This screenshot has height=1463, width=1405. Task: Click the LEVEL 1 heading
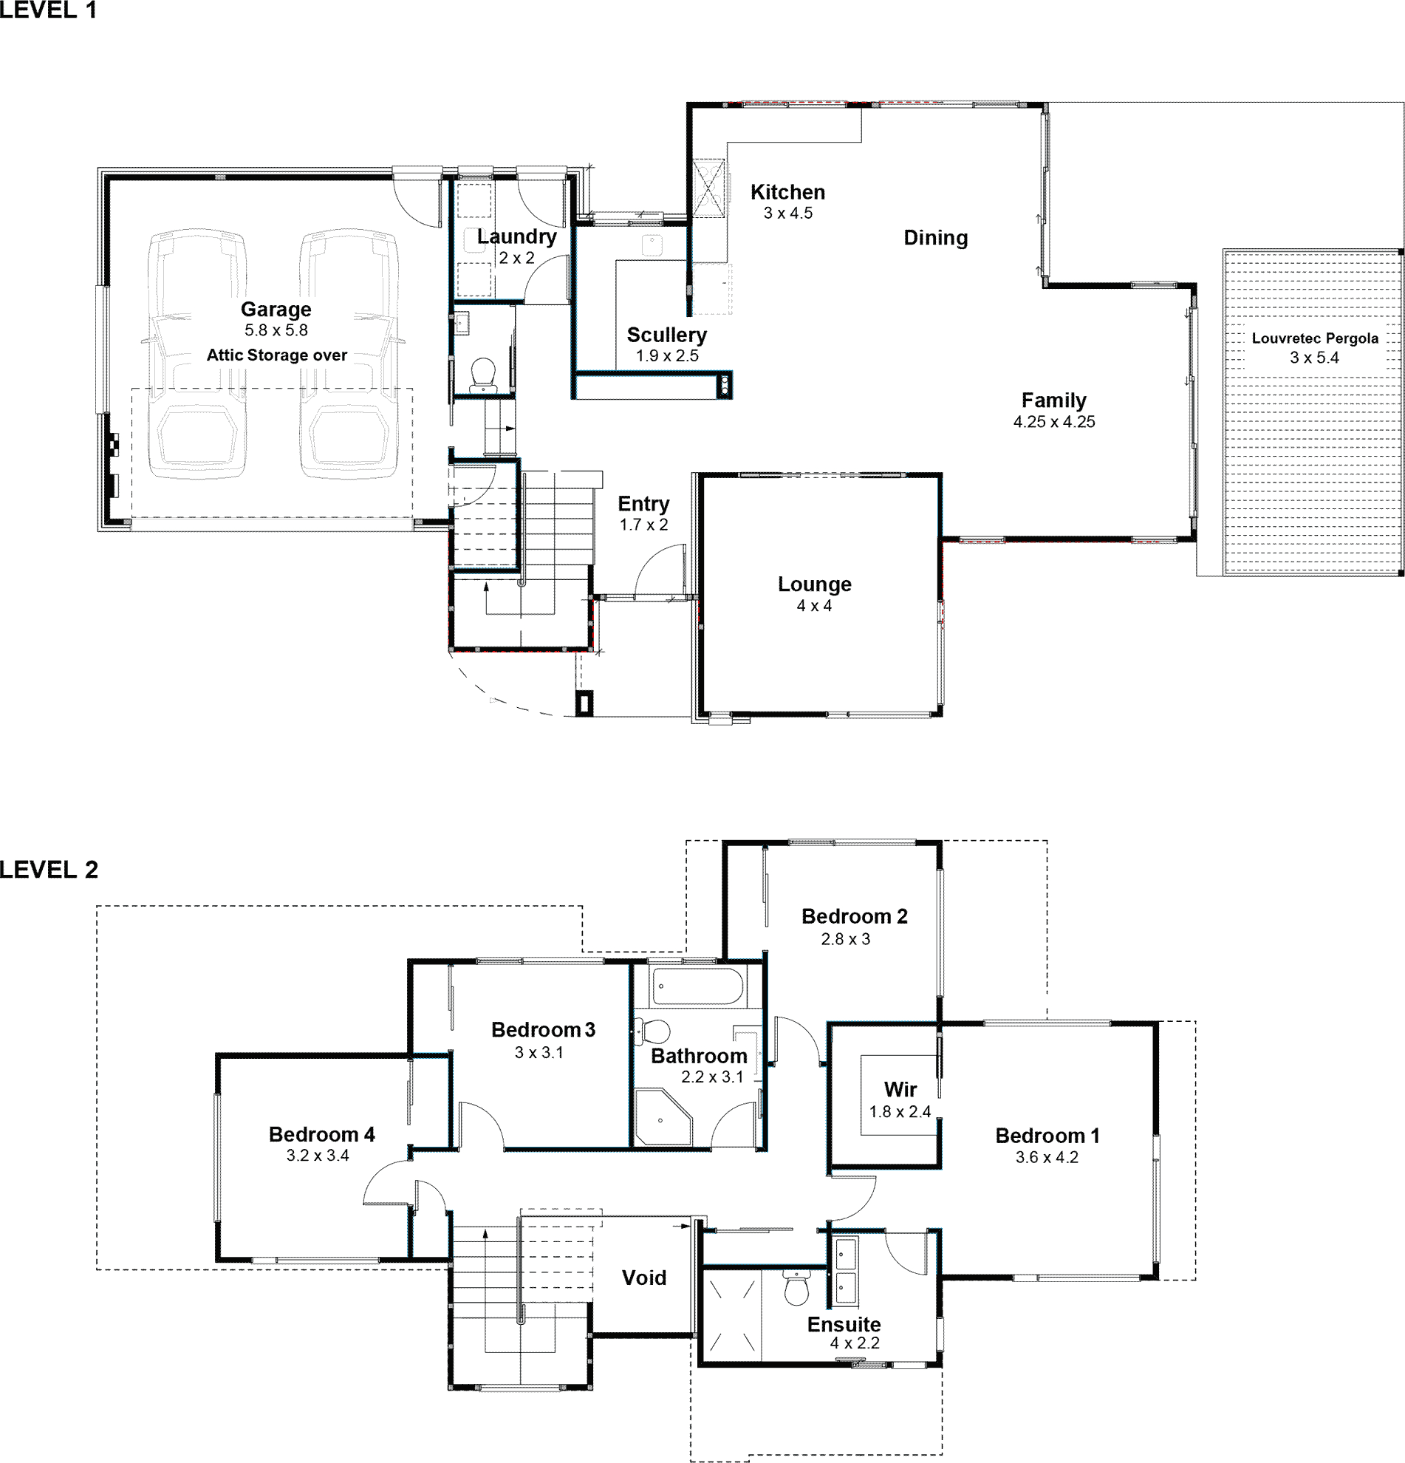[49, 10]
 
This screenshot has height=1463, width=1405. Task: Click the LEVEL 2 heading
[49, 870]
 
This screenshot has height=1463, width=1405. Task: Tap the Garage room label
[276, 310]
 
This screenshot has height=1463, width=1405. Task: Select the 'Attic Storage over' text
[277, 355]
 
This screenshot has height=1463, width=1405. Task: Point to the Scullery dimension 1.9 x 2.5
[667, 356]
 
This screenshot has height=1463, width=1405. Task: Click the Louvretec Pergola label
[1315, 338]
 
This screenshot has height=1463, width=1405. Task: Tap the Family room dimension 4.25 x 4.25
[1054, 422]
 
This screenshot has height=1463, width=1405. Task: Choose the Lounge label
[815, 584]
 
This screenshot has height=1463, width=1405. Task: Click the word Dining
[936, 238]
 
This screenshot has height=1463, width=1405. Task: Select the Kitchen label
[788, 193]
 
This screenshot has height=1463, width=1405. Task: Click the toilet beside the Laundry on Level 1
[485, 375]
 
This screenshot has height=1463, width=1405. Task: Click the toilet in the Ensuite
[797, 1288]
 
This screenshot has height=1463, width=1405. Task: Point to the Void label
[644, 1278]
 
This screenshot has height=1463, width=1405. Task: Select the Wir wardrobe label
[900, 1090]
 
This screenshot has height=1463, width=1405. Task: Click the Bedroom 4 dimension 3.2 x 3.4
[318, 1156]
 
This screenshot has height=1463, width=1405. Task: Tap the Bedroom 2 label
[855, 917]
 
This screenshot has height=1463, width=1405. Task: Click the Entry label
[643, 505]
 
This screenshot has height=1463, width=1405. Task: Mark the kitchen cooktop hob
[708, 188]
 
